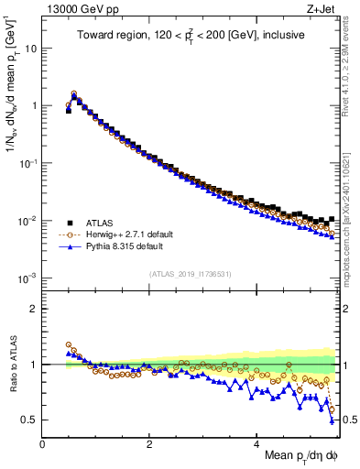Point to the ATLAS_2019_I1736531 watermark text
click(x=189, y=274)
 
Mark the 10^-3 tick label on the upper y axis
click(x=28, y=278)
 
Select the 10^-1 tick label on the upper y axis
click(x=28, y=163)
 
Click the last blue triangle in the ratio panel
click(x=332, y=420)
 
